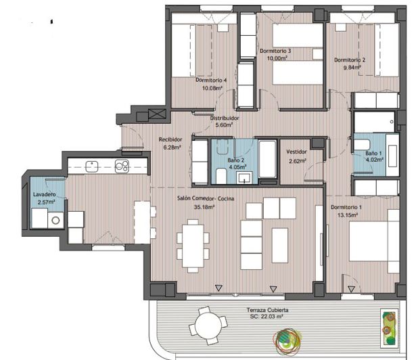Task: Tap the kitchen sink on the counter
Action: click(x=92, y=164)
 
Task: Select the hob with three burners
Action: click(x=122, y=164)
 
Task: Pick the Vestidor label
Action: click(x=296, y=152)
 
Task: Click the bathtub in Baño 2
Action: click(x=267, y=161)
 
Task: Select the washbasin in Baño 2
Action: click(x=245, y=177)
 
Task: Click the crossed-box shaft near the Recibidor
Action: click(x=157, y=114)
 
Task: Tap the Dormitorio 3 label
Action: click(x=275, y=51)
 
